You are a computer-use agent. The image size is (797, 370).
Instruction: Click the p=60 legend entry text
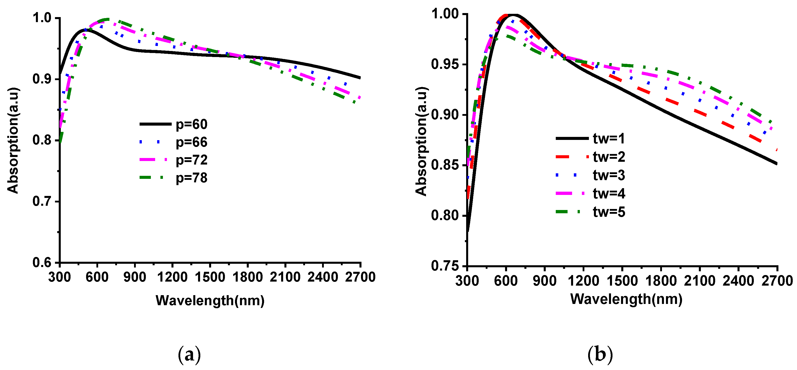[192, 125]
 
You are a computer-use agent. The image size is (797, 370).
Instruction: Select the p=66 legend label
[192, 142]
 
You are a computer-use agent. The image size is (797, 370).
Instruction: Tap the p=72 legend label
[192, 160]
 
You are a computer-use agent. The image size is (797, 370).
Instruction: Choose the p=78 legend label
[192, 178]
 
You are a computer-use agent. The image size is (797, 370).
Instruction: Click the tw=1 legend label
[608, 138]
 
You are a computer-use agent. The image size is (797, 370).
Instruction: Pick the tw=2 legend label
[608, 157]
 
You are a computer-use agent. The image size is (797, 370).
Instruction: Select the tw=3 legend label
[608, 175]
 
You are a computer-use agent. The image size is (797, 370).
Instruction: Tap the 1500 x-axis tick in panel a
[210, 277]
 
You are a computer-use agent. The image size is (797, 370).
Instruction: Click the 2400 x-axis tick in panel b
[738, 281]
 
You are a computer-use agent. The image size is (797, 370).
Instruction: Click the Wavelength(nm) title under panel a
[210, 300]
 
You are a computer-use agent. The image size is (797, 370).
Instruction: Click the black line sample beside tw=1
[572, 138]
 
